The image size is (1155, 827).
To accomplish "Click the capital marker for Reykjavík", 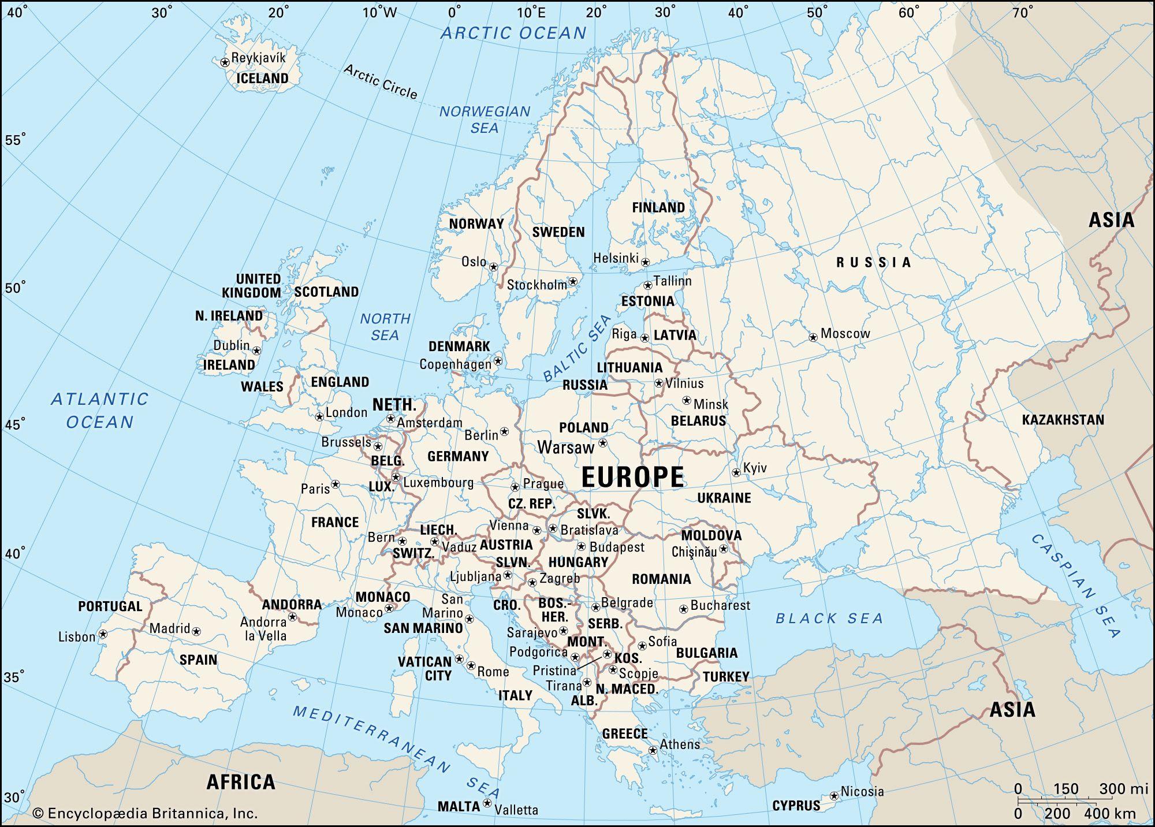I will click(x=225, y=62).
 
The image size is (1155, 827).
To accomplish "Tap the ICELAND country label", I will click(x=263, y=78).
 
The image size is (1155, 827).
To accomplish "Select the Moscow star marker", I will click(x=813, y=337).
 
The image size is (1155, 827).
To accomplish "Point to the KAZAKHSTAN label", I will click(x=1063, y=420).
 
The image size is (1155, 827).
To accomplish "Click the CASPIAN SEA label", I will click(x=1076, y=586).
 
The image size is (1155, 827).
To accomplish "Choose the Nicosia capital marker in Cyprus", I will click(x=833, y=795).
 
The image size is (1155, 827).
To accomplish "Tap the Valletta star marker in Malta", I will click(x=487, y=803).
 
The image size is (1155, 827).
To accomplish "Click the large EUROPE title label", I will click(x=632, y=477).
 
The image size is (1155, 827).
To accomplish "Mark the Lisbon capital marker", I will click(x=103, y=634).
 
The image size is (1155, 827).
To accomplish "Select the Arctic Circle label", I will click(x=380, y=81).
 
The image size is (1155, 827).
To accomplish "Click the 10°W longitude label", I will click(x=379, y=12).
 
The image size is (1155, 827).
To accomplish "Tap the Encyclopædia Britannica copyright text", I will click(x=145, y=813).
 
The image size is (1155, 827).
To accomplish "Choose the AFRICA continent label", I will click(x=241, y=782).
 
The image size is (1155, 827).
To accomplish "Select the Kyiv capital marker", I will click(x=736, y=472).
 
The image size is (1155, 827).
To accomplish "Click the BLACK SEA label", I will click(x=829, y=619).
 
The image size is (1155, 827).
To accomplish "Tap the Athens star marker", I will click(x=653, y=750).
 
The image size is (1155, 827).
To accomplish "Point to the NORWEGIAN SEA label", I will click(x=485, y=120).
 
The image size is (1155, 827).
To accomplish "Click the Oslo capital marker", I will click(x=493, y=267).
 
